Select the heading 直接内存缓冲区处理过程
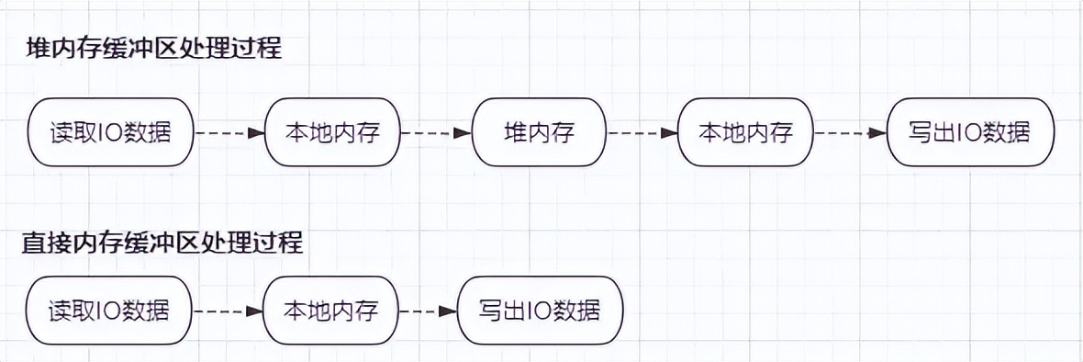pyautogui.click(x=162, y=244)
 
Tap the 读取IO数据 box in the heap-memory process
pyautogui.click(x=111, y=133)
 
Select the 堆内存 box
pyautogui.click(x=540, y=133)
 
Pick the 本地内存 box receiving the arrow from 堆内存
pyautogui.click(x=746, y=133)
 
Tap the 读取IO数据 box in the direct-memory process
pyautogui.click(x=110, y=310)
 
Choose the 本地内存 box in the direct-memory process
pyautogui.click(x=332, y=310)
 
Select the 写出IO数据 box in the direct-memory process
pyautogui.click(x=540, y=310)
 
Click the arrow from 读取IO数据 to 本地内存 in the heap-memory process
pyautogui.click(x=230, y=133)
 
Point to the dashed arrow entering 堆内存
pyautogui.click(x=437, y=133)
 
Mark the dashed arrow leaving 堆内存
pyautogui.click(x=642, y=133)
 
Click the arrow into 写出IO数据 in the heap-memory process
pyautogui.click(x=851, y=133)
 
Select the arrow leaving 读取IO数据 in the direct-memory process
pyautogui.click(x=229, y=311)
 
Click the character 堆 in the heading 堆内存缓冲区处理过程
pyautogui.click(x=38, y=49)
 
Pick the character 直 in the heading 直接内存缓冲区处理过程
pyautogui.click(x=34, y=244)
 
